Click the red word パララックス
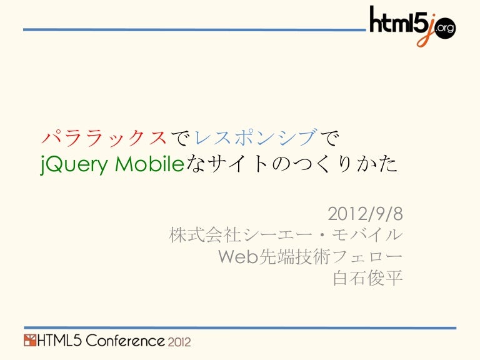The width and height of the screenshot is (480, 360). coord(104,136)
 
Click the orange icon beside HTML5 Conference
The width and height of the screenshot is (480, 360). coord(30,341)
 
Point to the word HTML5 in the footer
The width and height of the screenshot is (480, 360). coord(61,341)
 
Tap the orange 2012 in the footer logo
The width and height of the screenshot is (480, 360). coord(179,342)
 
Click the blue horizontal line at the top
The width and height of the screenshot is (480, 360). coord(187,29)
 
